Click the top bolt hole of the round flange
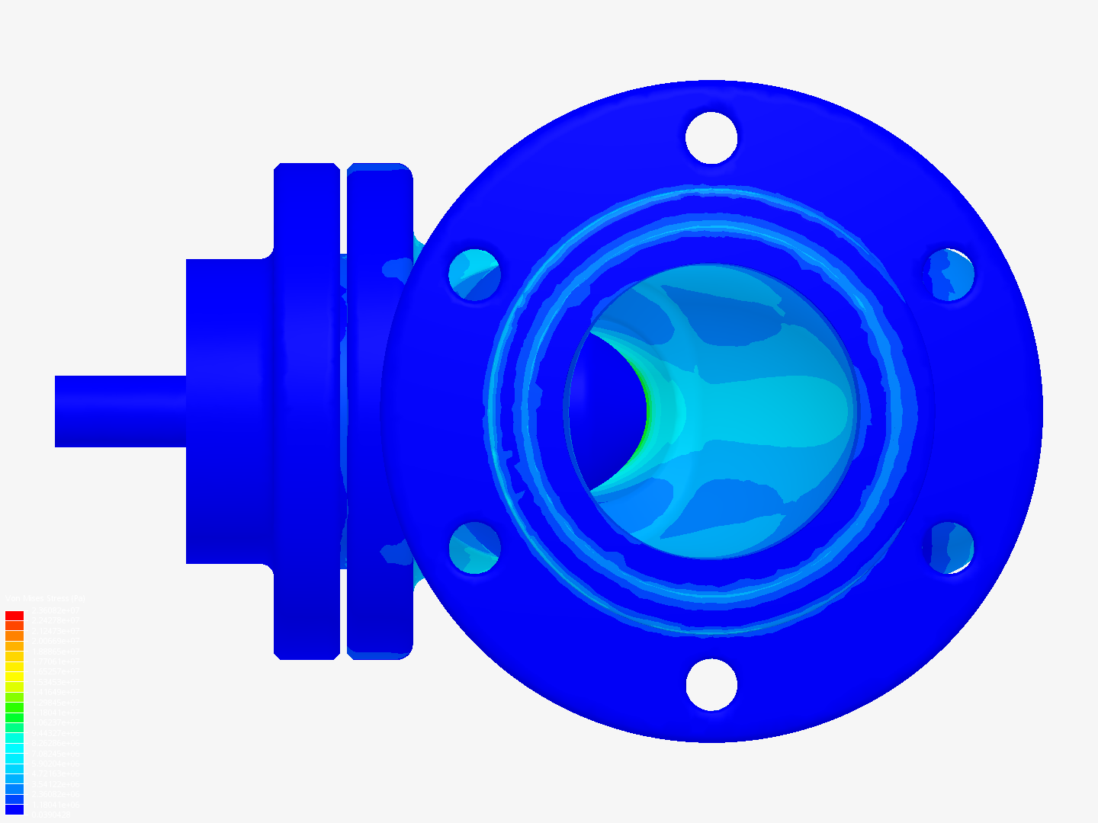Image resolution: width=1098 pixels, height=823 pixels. (x=711, y=138)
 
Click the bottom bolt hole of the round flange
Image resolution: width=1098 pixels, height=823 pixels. (x=711, y=684)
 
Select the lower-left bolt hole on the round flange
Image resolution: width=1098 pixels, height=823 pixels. (x=474, y=548)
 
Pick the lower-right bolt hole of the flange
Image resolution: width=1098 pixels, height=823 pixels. (x=949, y=548)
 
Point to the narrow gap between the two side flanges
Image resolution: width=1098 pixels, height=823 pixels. (x=343, y=411)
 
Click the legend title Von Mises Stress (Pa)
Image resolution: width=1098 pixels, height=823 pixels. (x=46, y=599)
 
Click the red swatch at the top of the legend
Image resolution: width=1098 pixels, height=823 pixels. (x=14, y=616)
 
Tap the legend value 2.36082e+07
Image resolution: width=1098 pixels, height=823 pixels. (x=55, y=610)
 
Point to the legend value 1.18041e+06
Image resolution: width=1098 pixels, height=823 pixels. (x=55, y=804)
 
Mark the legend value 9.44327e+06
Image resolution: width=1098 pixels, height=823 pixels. (x=55, y=733)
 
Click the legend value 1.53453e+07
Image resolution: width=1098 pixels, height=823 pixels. (x=55, y=682)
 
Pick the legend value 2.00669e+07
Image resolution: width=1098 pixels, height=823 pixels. (x=55, y=641)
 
